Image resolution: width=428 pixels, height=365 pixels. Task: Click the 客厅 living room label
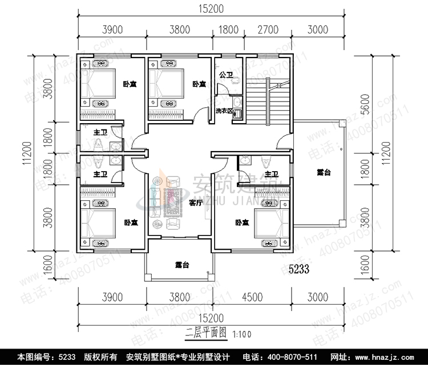coord(196,202)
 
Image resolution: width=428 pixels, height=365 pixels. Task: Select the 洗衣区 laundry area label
coord(224,111)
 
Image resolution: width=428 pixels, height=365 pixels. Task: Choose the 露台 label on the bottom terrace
coord(182,264)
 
